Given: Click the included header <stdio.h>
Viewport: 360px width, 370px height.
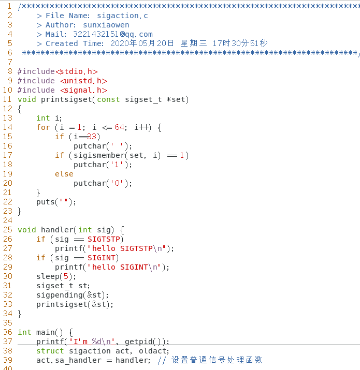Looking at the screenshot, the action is point(77,71).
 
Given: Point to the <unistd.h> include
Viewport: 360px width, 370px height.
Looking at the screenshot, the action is point(83,81).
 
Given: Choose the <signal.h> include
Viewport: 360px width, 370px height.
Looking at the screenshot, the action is point(83,90).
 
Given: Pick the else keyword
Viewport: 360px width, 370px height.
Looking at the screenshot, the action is point(64,174).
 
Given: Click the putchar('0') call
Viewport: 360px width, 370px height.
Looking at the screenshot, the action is point(103,183).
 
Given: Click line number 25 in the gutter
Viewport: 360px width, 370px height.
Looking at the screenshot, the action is point(7,230).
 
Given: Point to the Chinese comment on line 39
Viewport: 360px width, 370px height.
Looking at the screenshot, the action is point(217,360).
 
